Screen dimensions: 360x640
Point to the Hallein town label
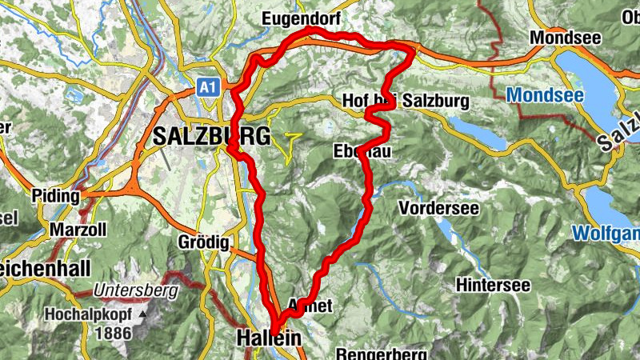(x=269, y=339)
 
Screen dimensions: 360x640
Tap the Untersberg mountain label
(x=134, y=292)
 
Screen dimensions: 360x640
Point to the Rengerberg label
(x=374, y=354)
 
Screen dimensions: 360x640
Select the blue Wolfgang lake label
(x=606, y=234)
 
